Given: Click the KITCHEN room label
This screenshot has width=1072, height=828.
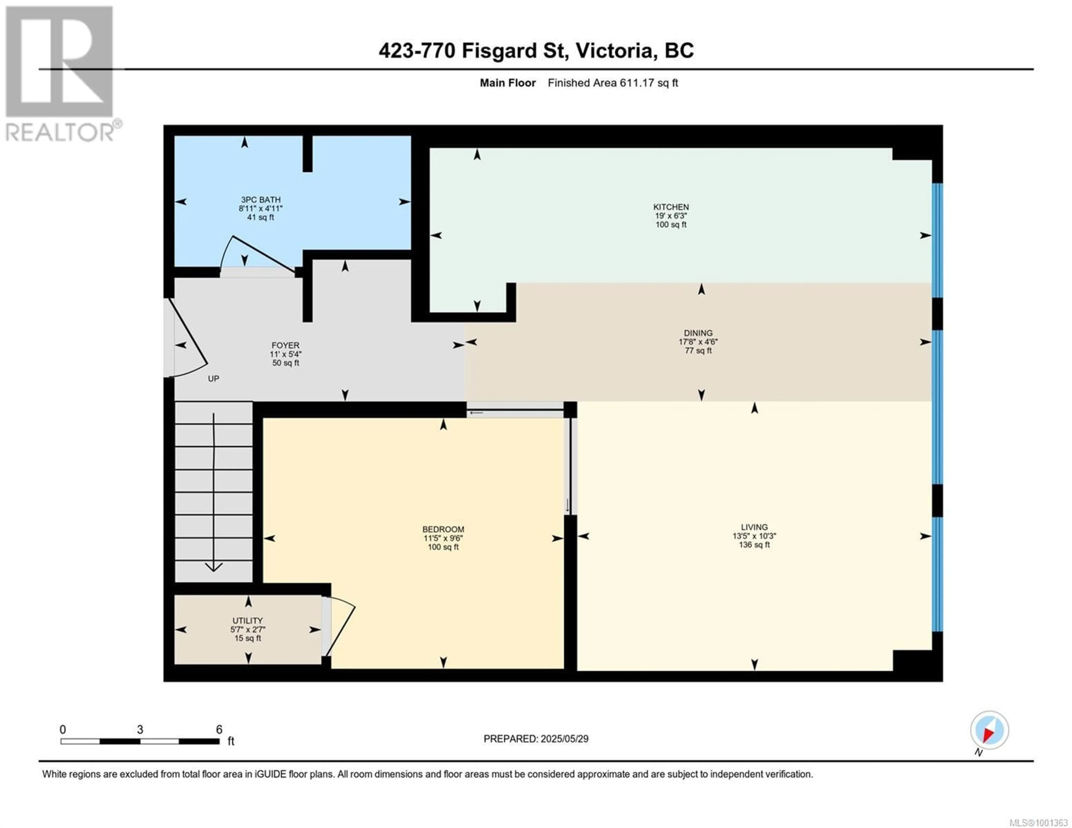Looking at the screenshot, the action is point(671,207).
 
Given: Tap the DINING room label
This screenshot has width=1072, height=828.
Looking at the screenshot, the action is point(698,333).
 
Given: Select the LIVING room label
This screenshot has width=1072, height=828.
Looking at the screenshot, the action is point(754,527).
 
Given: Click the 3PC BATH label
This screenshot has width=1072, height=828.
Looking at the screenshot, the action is point(261,200).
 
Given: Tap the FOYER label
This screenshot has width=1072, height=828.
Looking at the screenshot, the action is point(285,345).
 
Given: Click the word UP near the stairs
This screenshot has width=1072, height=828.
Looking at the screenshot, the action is point(214,378).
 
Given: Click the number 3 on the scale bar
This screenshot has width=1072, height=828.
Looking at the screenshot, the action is point(140,729).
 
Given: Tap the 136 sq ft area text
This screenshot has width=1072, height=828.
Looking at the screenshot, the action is point(754,545).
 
